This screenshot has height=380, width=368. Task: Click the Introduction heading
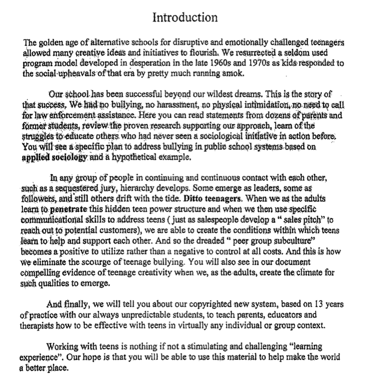pyautogui.click(x=185, y=17)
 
